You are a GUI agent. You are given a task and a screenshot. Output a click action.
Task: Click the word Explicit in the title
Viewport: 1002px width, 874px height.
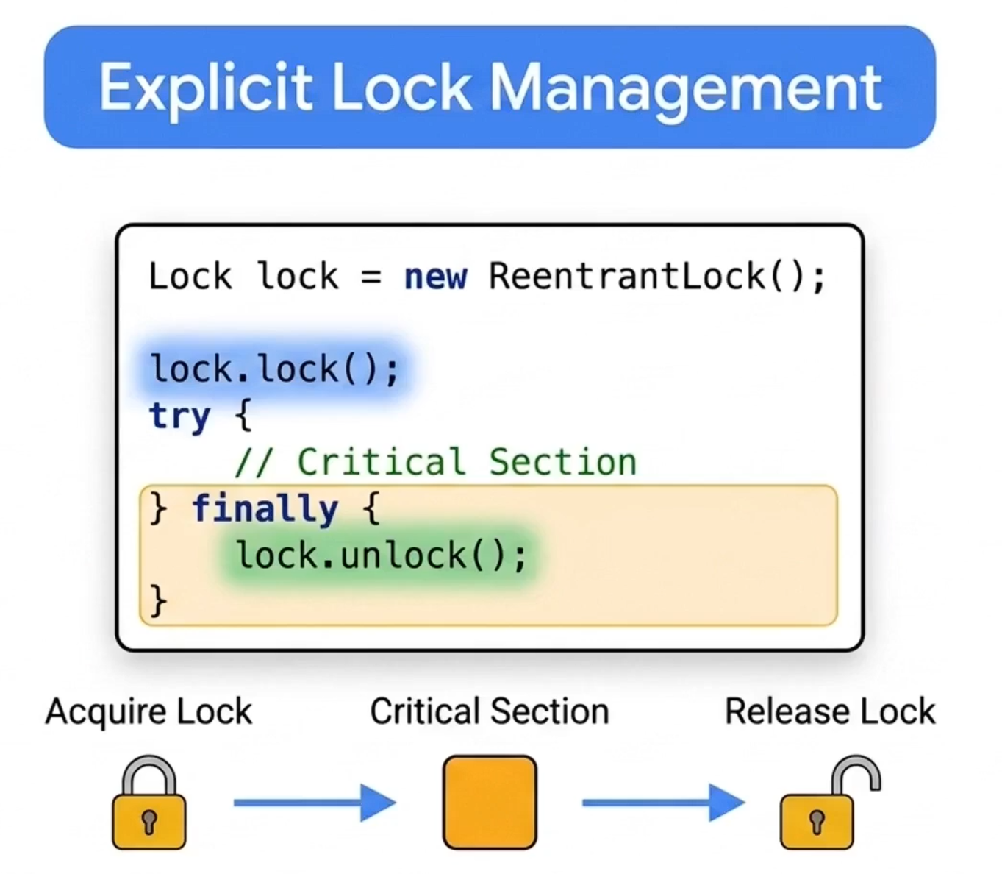[x=206, y=89]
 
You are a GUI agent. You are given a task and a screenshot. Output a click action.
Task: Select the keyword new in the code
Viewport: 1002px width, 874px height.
[x=436, y=277]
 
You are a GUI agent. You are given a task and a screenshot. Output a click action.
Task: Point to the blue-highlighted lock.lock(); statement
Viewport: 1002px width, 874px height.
[x=274, y=369]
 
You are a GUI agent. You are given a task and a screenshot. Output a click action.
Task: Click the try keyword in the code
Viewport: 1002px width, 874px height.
[x=179, y=416]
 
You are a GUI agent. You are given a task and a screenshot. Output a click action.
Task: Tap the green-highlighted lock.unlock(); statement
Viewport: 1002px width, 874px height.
[x=381, y=555]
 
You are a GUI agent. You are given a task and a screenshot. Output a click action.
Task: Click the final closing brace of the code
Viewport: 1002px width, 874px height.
[x=158, y=600]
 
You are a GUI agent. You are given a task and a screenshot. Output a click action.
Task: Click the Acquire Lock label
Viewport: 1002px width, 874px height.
[x=149, y=711]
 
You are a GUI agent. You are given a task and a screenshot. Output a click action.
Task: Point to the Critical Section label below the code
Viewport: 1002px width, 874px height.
[x=490, y=711]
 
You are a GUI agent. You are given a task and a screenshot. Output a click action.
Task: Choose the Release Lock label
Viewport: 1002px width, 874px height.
[x=830, y=711]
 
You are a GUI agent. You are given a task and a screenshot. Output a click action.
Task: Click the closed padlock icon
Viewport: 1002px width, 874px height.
[x=149, y=803]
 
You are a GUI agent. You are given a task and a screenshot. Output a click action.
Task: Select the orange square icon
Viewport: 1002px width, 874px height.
[x=490, y=802]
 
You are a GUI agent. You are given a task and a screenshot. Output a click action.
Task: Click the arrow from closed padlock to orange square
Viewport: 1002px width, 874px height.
[x=315, y=803]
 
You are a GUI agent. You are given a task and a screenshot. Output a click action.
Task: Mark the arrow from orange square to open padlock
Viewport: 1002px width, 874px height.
[x=664, y=803]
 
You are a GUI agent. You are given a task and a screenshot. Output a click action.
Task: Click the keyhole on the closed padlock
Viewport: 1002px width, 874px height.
[x=149, y=822]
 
